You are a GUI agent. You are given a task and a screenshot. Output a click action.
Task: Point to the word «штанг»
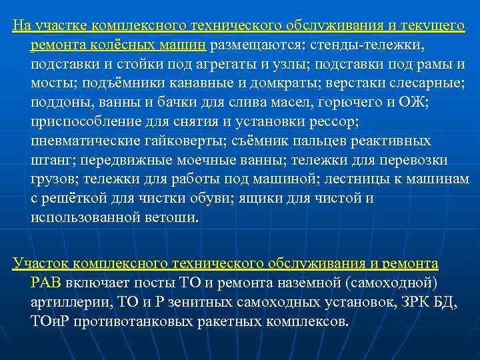click(52, 161)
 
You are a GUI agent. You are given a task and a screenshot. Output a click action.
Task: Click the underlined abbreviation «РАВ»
click(45, 282)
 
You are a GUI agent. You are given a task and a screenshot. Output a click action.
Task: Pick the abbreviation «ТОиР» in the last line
click(51, 321)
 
